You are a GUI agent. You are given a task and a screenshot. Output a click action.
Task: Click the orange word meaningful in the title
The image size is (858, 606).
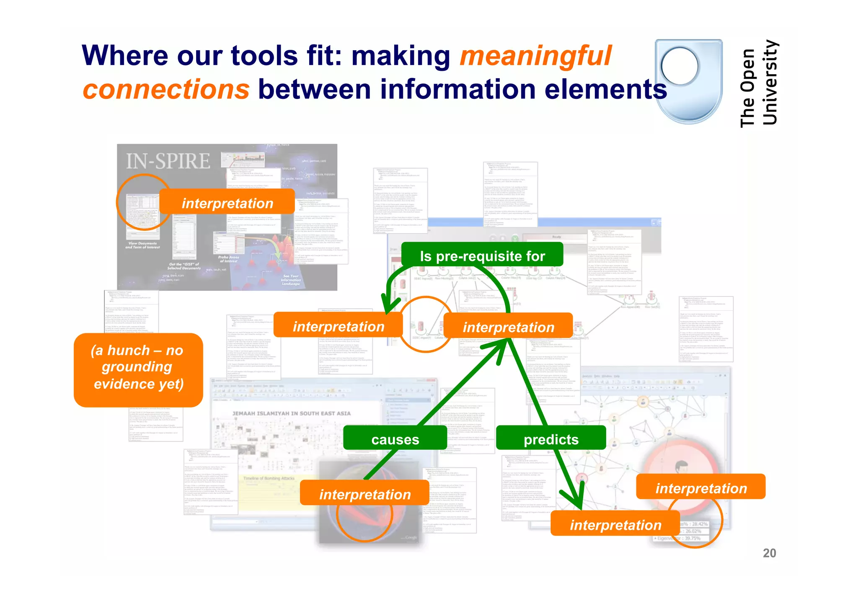coord(535,56)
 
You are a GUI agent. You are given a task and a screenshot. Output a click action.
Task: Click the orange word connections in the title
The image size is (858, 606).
coord(166,89)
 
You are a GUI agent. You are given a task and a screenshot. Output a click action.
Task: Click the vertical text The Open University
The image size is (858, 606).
coord(758,83)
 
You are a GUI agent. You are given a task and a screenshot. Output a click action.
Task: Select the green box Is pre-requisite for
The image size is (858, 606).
coord(482,255)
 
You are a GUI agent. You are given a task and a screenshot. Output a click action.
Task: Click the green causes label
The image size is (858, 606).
coord(395,439)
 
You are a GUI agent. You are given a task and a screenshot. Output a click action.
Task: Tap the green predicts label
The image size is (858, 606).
coord(551,439)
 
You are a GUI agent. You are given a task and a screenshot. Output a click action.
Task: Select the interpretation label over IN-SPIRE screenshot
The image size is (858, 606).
coord(227,203)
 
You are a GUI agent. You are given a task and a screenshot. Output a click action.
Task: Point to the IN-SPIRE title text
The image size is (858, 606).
coord(168,161)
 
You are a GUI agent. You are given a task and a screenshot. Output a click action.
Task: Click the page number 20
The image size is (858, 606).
coord(769,553)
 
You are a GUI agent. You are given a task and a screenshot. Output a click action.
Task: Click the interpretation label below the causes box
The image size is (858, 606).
coord(364,494)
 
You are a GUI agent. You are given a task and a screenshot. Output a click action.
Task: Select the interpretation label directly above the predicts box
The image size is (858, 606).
coord(508,327)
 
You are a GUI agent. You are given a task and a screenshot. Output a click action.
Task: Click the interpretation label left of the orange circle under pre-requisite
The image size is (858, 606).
coord(338,326)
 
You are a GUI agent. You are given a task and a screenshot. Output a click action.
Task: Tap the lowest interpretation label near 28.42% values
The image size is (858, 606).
coord(615,524)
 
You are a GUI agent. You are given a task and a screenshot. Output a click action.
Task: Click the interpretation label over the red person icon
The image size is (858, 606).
coord(700,488)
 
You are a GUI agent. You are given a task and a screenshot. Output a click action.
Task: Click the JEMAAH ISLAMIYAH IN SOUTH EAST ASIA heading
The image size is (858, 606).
coord(291,413)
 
